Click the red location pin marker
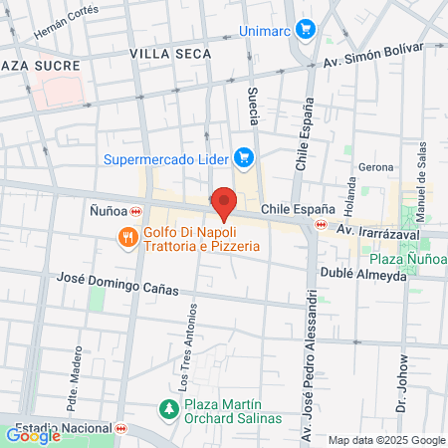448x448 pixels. click(x=224, y=203)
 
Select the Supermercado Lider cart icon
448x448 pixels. click(x=242, y=157)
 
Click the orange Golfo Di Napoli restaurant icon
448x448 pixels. click(x=127, y=238)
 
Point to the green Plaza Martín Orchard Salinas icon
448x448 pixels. click(x=169, y=409)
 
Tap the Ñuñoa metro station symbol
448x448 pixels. click(x=135, y=211)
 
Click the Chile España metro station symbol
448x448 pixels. click(x=320, y=225)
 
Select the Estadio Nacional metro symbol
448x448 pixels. click(x=121, y=429)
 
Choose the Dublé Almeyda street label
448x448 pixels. click(x=363, y=275)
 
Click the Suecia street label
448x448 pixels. click(x=253, y=107)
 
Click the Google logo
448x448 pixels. click(x=34, y=435)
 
